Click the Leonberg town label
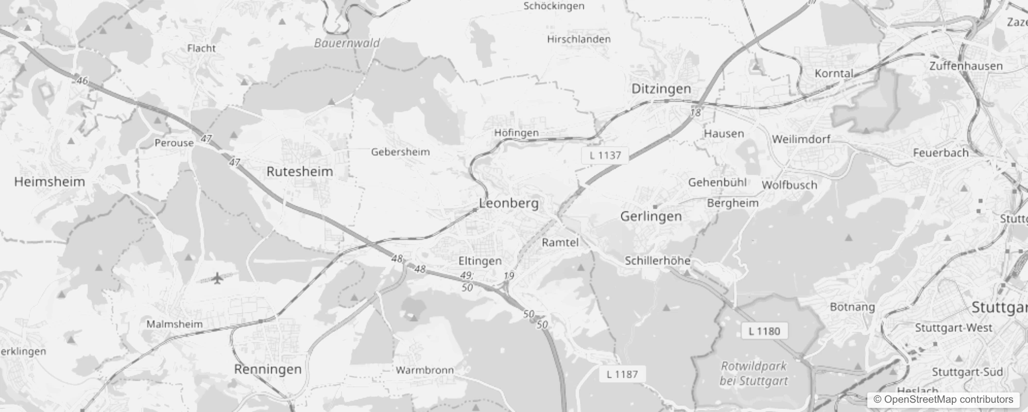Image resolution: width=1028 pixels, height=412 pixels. [508, 203]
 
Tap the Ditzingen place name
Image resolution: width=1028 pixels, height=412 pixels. [661, 89]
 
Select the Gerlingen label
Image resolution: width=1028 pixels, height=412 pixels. [651, 216]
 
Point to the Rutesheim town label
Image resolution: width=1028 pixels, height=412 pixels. [300, 171]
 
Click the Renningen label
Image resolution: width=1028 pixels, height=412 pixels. [268, 369]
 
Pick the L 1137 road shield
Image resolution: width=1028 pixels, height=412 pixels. [605, 155]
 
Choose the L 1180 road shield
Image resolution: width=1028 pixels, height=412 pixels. [764, 331]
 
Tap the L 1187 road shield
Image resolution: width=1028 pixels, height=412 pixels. [622, 374]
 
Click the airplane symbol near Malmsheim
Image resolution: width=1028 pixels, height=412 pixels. [217, 279]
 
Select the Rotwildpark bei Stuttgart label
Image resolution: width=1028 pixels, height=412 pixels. [753, 373]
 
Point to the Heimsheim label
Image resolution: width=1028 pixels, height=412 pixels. [49, 182]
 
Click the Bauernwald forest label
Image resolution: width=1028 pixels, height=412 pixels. [347, 43]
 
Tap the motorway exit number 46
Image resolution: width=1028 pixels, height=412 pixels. [82, 80]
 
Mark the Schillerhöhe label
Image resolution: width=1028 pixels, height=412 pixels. [657, 261]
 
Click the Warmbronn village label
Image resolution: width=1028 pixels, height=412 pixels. [425, 370]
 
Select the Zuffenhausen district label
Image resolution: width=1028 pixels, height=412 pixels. [966, 66]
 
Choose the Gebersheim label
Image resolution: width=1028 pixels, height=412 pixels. [400, 152]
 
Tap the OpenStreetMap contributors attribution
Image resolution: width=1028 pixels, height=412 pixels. [943, 399]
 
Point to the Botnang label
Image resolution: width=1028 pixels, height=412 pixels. [852, 307]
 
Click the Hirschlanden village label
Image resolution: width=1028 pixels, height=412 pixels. [579, 39]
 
